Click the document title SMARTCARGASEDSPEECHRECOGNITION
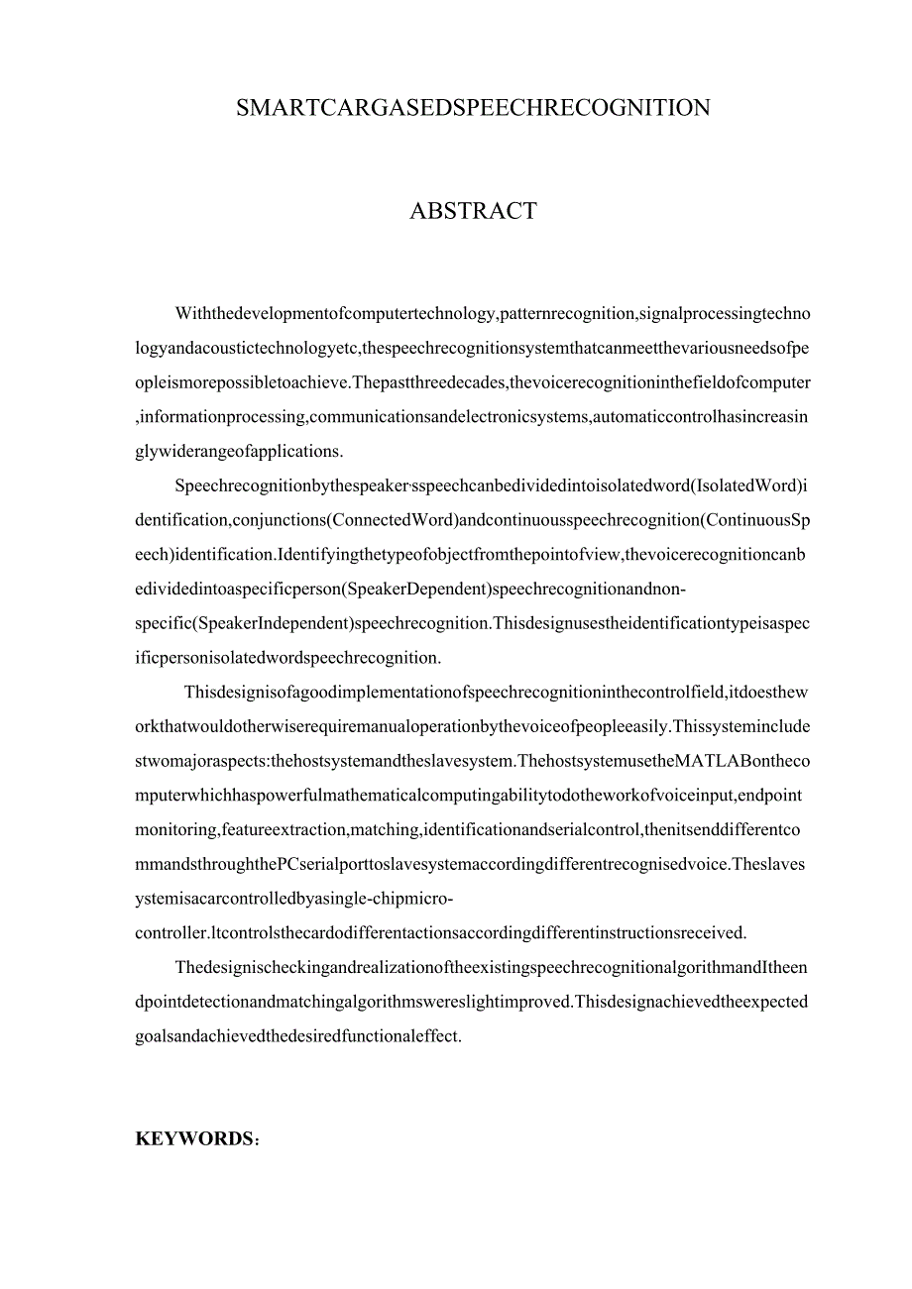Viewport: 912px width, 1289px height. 473,108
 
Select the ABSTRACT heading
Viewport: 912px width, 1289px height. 473,211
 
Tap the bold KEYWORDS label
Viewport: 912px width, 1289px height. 194,1139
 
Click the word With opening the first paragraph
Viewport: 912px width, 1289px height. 191,314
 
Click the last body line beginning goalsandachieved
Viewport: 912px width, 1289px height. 298,1036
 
